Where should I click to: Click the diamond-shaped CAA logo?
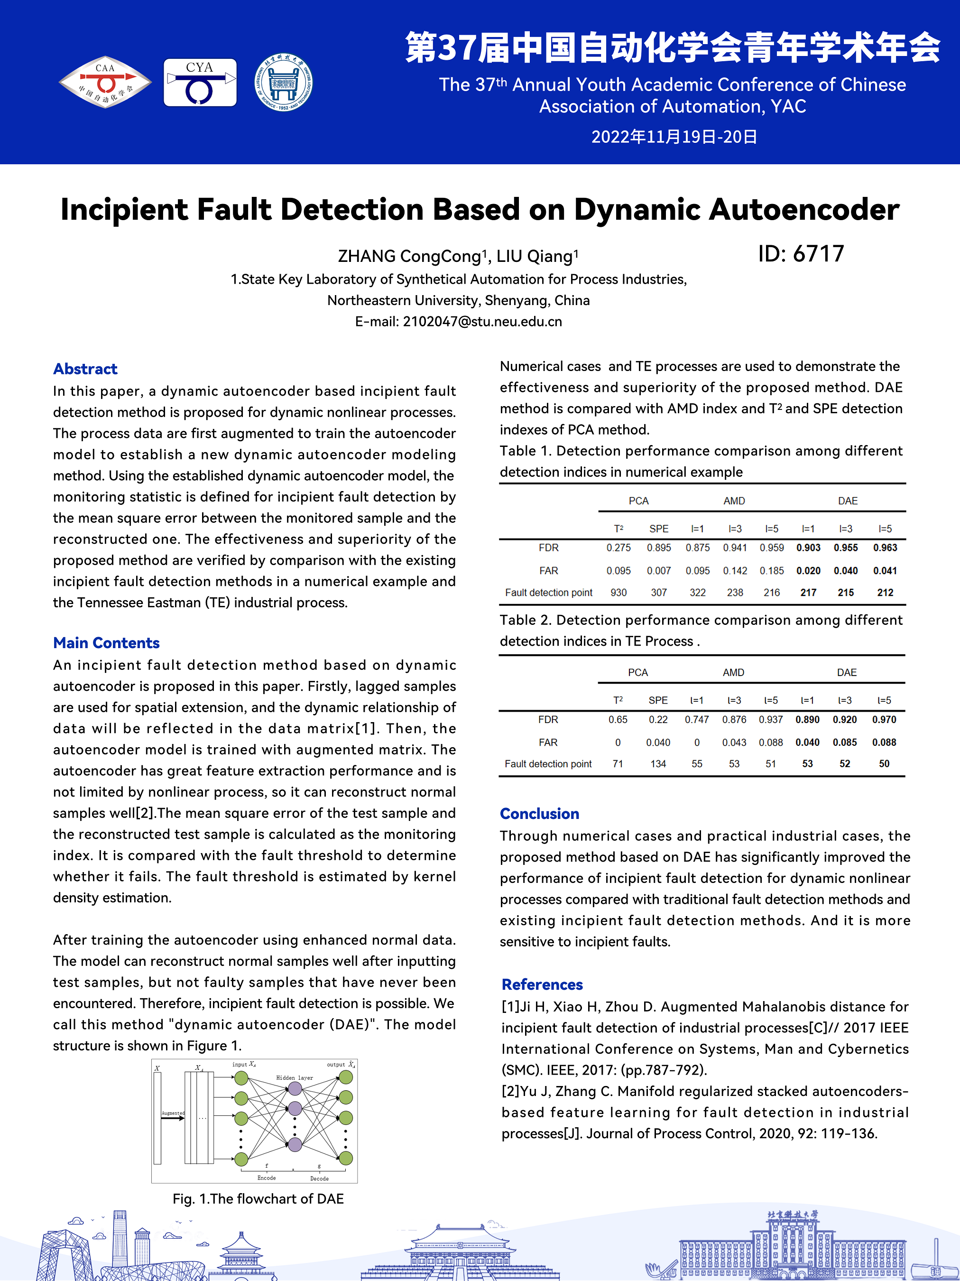pos(105,82)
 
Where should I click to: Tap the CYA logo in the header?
pos(200,82)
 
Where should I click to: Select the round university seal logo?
pos(283,82)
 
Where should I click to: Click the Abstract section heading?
pos(85,369)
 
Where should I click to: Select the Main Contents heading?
pos(106,643)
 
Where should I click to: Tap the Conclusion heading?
pos(539,814)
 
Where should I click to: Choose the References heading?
pos(542,984)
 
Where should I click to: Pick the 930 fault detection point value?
pos(618,593)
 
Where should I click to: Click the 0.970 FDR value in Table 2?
pos(884,720)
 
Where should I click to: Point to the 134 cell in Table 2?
pos(658,764)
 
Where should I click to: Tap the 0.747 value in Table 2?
pos(697,720)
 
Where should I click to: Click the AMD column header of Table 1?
pos(734,501)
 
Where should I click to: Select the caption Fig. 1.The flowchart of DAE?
pos(258,1199)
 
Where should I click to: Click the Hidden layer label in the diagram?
pos(294,1078)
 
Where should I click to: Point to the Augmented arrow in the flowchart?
pos(173,1118)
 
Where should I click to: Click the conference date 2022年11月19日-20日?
pos(674,137)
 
